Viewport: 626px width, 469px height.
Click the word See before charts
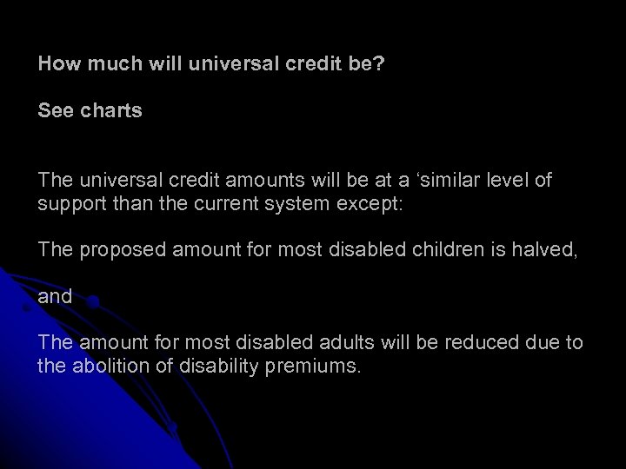tap(56, 112)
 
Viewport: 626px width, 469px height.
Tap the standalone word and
tap(54, 296)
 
